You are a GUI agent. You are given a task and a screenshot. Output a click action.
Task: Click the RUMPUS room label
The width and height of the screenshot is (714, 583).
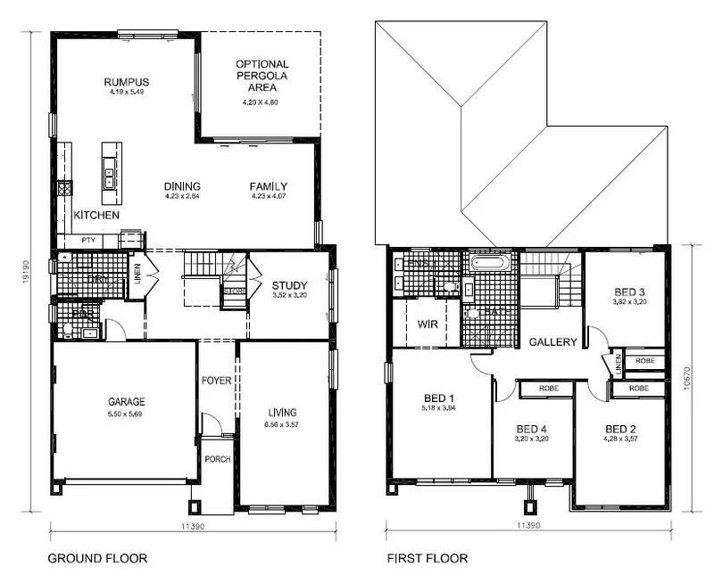(x=125, y=82)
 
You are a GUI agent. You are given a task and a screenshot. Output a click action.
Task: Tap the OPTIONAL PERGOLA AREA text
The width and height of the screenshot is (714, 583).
(x=262, y=76)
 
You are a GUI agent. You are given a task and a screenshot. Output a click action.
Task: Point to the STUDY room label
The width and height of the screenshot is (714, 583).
(x=289, y=285)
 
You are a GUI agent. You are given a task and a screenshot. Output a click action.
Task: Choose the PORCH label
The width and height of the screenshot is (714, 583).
(x=217, y=461)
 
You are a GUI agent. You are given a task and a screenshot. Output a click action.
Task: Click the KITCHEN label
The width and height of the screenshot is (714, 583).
(x=96, y=216)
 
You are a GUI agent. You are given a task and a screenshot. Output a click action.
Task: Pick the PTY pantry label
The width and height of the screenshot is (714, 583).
(x=88, y=240)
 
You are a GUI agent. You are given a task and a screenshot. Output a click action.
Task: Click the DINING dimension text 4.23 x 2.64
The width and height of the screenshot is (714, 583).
(x=182, y=196)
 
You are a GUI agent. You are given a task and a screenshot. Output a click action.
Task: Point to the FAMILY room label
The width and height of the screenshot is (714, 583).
(x=268, y=186)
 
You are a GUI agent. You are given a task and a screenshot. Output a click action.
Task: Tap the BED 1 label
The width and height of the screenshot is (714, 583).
(x=439, y=398)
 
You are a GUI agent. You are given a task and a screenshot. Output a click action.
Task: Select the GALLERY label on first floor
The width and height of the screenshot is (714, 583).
(x=553, y=342)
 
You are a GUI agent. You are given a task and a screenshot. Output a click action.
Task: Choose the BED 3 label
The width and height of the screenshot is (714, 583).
(x=629, y=291)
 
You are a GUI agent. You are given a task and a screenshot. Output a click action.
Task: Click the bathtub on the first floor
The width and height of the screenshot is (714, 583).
(x=491, y=263)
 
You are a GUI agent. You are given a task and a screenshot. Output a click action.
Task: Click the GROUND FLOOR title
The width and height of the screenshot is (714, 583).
(x=91, y=559)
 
